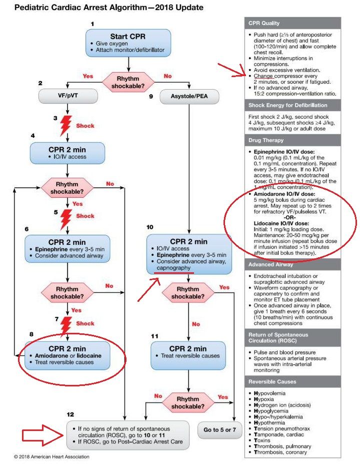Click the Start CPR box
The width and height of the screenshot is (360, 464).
(x=128, y=43)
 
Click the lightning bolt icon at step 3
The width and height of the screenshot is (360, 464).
(x=65, y=126)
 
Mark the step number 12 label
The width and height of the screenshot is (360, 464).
(x=71, y=414)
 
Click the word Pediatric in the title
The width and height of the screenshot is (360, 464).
(x=27, y=8)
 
